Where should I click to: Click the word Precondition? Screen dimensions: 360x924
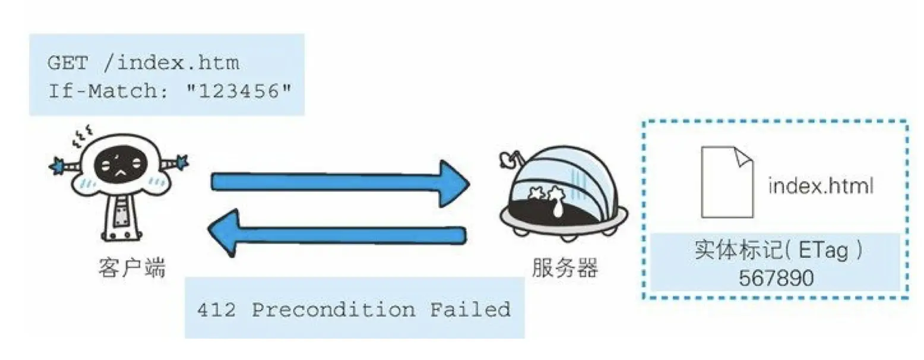334,310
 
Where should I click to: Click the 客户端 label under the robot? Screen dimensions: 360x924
132,269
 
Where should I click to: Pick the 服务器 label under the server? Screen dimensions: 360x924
565,269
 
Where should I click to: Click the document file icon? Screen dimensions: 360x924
727,182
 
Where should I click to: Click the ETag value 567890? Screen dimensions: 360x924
776,277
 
